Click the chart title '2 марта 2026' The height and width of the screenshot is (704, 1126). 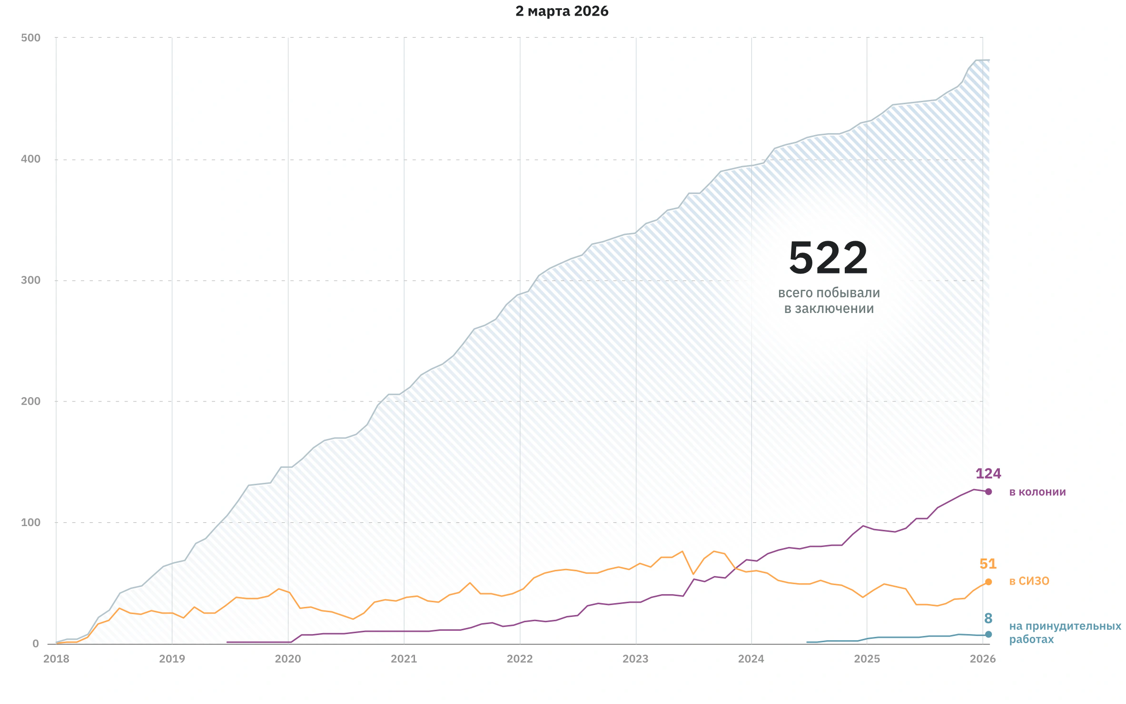click(562, 11)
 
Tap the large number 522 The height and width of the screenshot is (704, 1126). click(829, 258)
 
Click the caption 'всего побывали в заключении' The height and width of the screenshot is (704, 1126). click(829, 301)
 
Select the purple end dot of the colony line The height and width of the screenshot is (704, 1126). click(988, 492)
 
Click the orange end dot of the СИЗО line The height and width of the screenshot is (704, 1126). click(988, 582)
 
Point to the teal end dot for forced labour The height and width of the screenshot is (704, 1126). click(988, 634)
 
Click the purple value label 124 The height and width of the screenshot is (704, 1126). click(988, 474)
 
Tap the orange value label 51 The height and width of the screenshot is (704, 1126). click(988, 564)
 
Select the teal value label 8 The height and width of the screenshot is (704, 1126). click(988, 618)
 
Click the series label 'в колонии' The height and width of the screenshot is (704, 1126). click(1037, 492)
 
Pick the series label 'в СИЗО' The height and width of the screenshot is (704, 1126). click(1029, 581)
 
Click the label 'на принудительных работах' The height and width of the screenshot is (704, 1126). click(1065, 633)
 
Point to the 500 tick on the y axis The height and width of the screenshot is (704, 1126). click(31, 38)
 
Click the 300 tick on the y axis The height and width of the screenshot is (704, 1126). click(31, 280)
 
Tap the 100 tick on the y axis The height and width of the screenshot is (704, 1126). click(31, 522)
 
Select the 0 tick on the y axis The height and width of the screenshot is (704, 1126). click(36, 644)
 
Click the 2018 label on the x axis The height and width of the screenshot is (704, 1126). click(56, 659)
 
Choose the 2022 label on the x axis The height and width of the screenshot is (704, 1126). click(520, 659)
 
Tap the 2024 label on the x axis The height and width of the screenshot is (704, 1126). click(751, 659)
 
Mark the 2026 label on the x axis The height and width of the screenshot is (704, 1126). click(983, 659)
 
